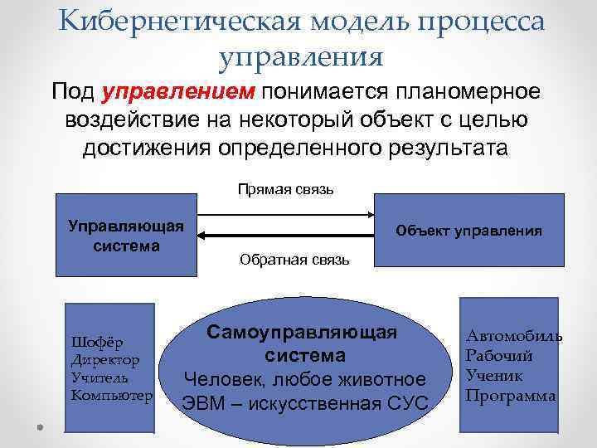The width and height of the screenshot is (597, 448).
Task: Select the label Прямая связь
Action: tap(285, 189)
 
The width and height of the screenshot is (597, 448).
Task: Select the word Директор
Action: tap(105, 360)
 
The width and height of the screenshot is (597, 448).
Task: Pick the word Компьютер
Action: tap(112, 395)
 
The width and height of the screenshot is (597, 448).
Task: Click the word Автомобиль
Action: tap(513, 336)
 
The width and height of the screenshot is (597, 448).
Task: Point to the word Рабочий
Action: tap(499, 355)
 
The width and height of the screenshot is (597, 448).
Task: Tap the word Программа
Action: tap(511, 395)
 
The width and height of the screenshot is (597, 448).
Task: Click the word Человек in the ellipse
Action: tap(224, 379)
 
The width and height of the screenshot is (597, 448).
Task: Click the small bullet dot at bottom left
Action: tap(40, 426)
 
